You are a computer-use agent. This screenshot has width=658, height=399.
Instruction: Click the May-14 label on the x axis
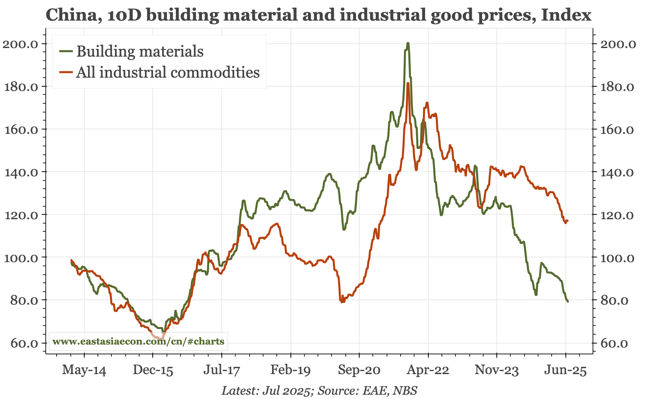tap(84, 370)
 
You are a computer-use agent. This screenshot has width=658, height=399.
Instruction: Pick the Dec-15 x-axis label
tap(153, 370)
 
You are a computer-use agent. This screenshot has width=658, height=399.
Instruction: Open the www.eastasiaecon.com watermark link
tap(138, 342)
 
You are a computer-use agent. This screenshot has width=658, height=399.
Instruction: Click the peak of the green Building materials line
tap(407, 43)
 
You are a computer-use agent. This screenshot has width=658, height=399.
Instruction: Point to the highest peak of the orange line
tap(408, 83)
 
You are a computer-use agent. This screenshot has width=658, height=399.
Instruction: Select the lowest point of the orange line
tap(160, 339)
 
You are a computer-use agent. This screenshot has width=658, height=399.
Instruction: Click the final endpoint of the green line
tap(568, 302)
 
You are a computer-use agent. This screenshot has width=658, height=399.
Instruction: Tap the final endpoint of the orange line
tap(568, 221)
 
